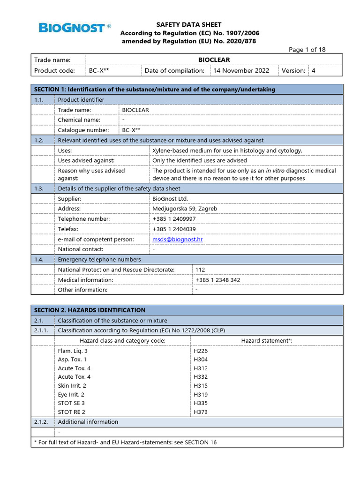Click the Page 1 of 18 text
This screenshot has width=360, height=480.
coord(307,50)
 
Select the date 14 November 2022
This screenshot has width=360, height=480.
coord(241,71)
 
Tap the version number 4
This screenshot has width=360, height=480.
coord(314,71)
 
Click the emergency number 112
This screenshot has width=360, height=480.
coord(200,270)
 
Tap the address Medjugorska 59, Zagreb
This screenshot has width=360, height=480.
coord(185,209)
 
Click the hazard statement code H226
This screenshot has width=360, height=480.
coord(201,351)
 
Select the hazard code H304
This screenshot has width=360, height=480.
coord(201,360)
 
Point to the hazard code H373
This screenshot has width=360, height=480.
coord(201,412)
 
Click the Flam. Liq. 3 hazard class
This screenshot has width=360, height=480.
coord(73,351)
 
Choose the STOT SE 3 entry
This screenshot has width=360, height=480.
coord(71,403)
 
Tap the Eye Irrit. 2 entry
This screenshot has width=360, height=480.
coord(71,395)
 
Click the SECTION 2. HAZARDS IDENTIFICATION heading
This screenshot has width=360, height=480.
coord(90,310)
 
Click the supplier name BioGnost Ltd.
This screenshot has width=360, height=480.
coord(170,199)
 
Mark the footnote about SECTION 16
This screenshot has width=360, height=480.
coord(126,442)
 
